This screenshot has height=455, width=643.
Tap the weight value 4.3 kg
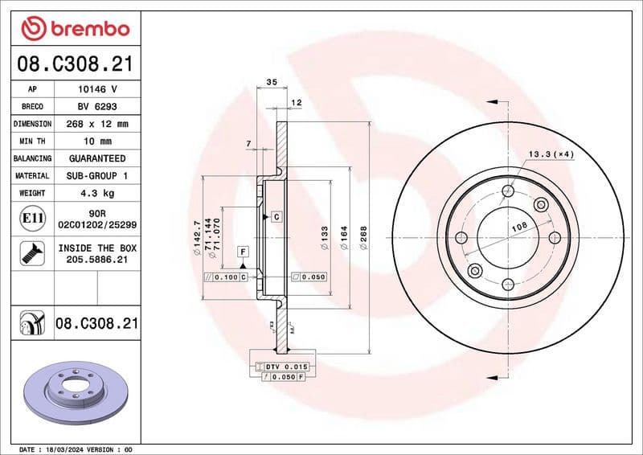pos(97,193)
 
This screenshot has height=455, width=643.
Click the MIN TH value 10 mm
pos(97,141)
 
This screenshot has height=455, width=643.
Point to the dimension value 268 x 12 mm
pos(97,124)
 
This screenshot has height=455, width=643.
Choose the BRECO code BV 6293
pos(97,107)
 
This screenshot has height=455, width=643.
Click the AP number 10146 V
pos(97,89)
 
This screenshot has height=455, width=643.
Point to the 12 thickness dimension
pos(296,102)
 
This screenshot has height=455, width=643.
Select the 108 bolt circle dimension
pos(519,228)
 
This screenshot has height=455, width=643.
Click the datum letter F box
pos(241,252)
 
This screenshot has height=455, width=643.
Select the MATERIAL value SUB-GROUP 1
pos(97,175)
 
